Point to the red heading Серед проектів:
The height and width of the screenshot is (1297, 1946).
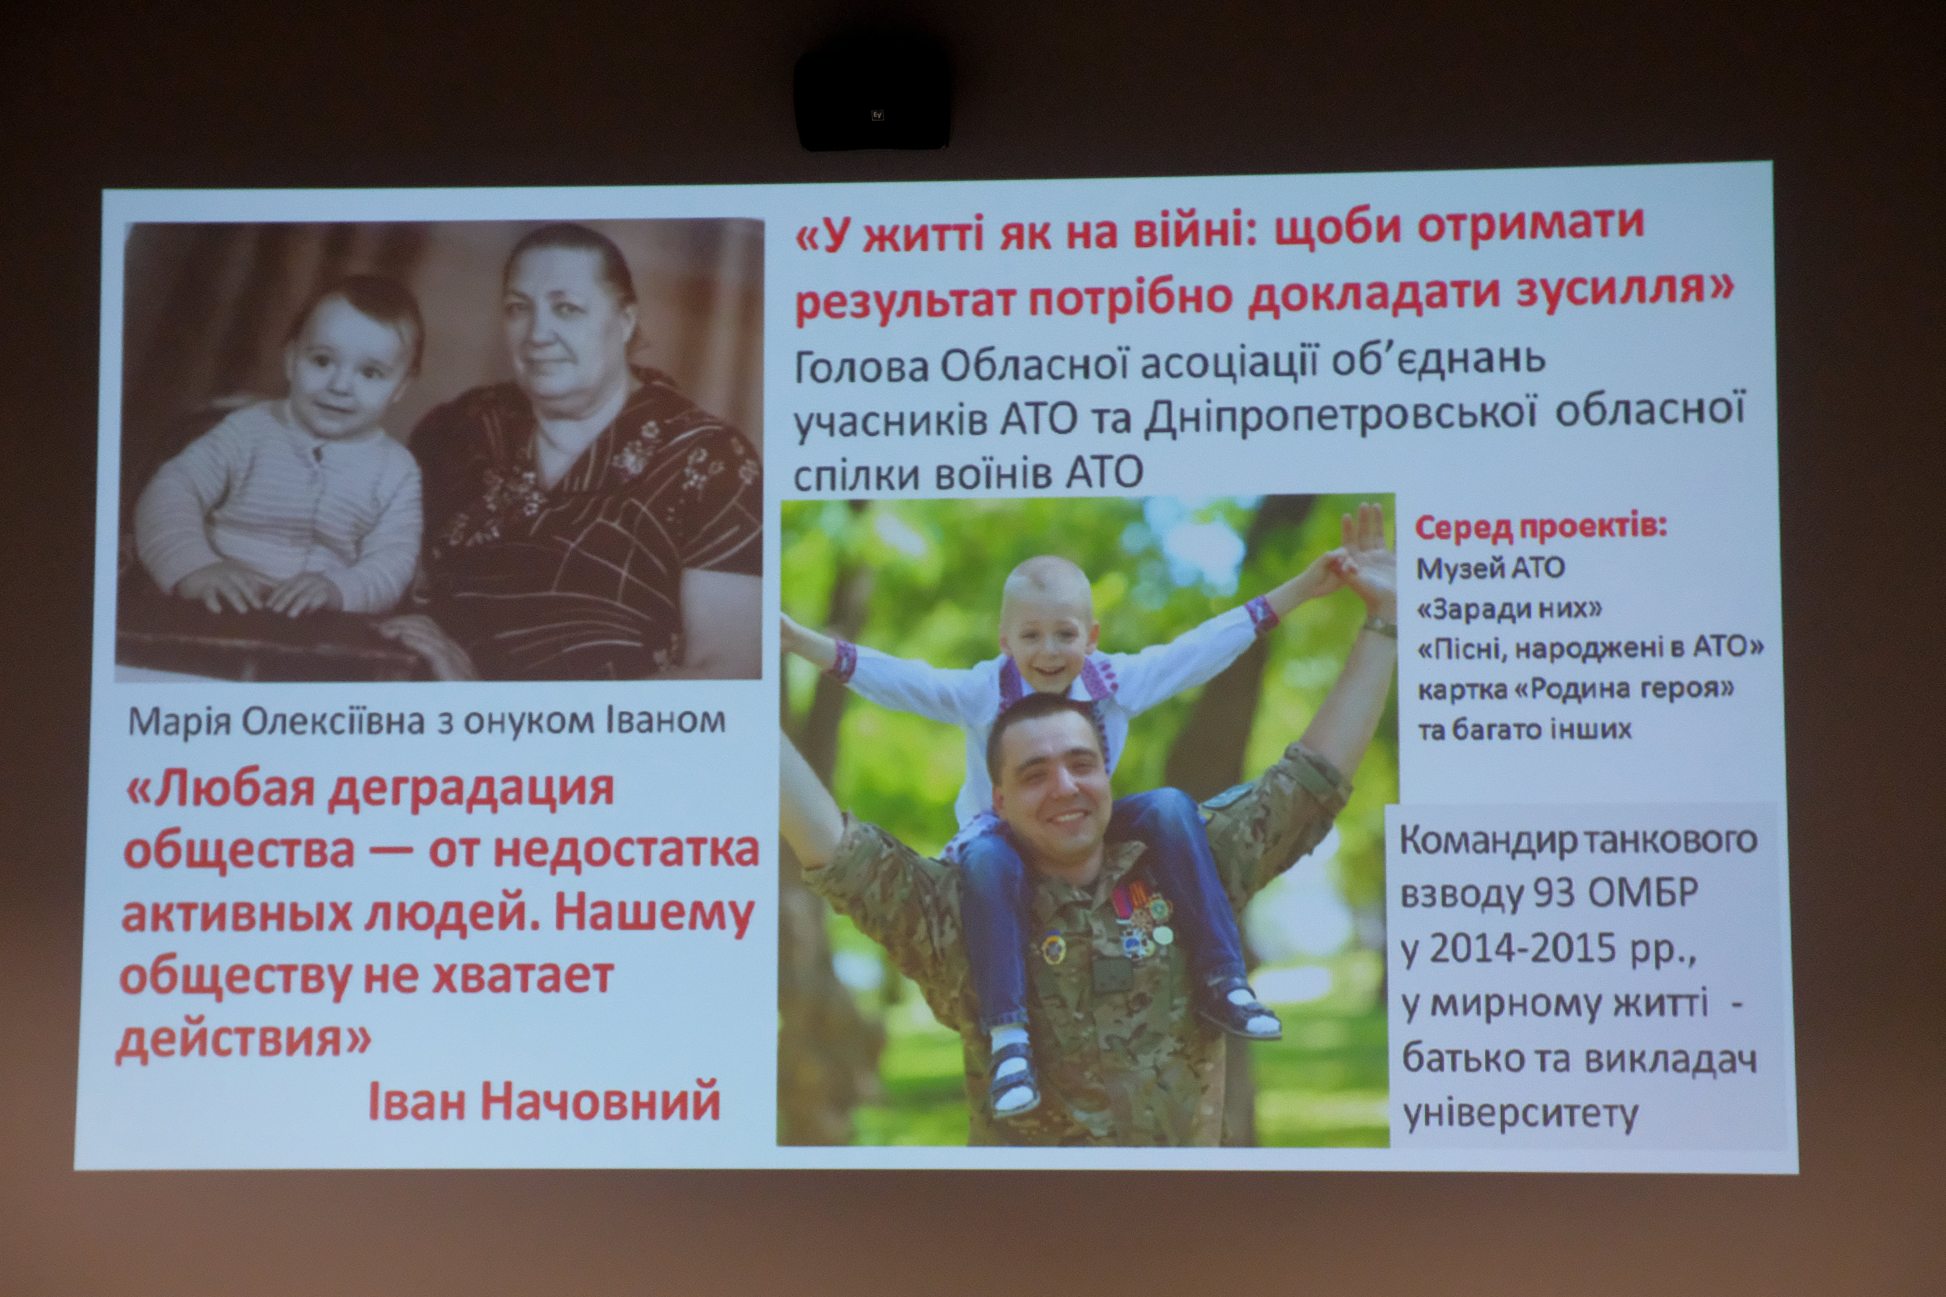click(1541, 526)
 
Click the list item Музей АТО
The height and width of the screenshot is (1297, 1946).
click(1491, 568)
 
